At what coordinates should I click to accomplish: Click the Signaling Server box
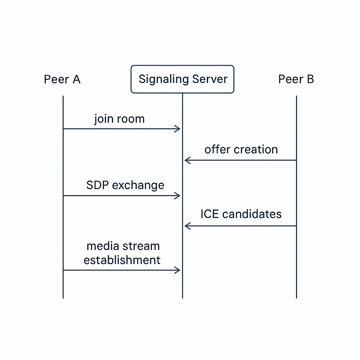pos(182,79)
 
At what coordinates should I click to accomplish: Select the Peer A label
pos(62,79)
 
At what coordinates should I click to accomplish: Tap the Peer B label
pos(296,79)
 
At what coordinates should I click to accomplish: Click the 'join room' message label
pos(120,119)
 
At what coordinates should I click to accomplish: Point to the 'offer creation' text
pos(241,149)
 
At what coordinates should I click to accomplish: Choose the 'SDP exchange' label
pos(125,185)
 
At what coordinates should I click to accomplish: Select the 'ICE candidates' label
pos(241,214)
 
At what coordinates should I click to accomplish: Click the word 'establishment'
pos(122,260)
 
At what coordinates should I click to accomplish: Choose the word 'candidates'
pos(252,214)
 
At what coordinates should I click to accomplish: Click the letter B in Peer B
pos(310,79)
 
